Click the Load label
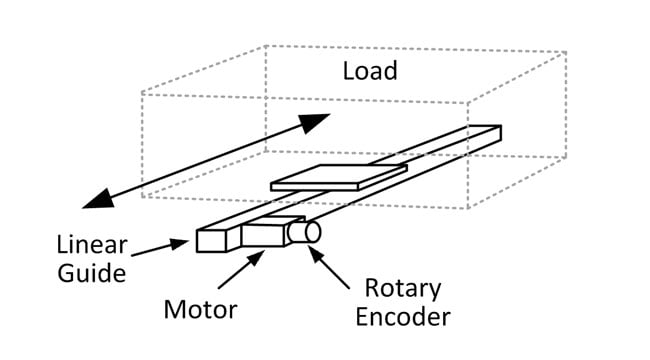370,71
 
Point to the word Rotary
402,289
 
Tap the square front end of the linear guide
212,240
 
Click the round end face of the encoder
313,232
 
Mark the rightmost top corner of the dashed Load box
566,52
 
